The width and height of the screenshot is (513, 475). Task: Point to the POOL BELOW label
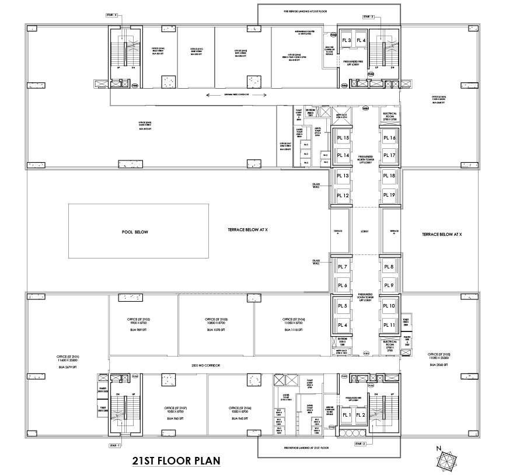coord(135,232)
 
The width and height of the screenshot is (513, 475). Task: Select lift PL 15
coord(343,138)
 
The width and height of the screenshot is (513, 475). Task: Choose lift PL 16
coord(389,138)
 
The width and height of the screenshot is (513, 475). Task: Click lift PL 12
coord(343,195)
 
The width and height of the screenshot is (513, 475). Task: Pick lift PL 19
coord(389,195)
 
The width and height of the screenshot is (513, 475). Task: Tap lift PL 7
coord(343,267)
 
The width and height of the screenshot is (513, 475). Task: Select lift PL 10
coord(389,306)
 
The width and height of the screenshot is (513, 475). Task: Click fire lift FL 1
coord(346,415)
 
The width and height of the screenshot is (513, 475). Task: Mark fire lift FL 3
coord(346,40)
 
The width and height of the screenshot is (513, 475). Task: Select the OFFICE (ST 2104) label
coord(293,320)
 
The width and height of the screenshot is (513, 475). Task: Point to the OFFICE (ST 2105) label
coord(440,354)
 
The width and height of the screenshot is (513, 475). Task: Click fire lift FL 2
coord(361,415)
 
